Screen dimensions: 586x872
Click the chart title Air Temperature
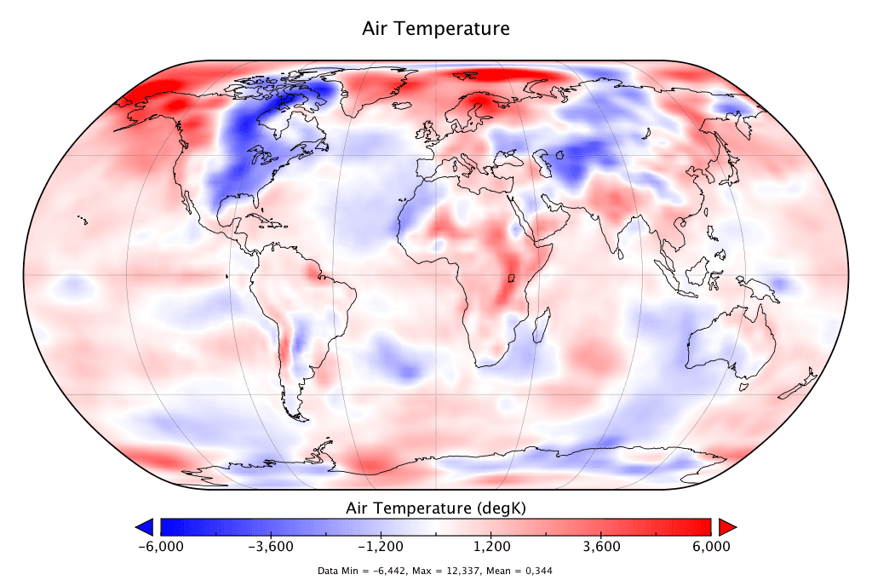click(x=436, y=28)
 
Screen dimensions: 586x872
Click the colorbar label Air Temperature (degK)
click(x=436, y=508)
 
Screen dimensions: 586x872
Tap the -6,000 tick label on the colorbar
click(x=160, y=546)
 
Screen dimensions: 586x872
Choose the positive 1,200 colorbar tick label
click(x=491, y=546)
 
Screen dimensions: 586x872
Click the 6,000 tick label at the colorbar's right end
click(x=711, y=546)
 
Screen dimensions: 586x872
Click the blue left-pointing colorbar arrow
click(x=145, y=526)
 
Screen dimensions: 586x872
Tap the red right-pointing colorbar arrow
click(x=726, y=526)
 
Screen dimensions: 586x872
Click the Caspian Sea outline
click(x=536, y=158)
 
